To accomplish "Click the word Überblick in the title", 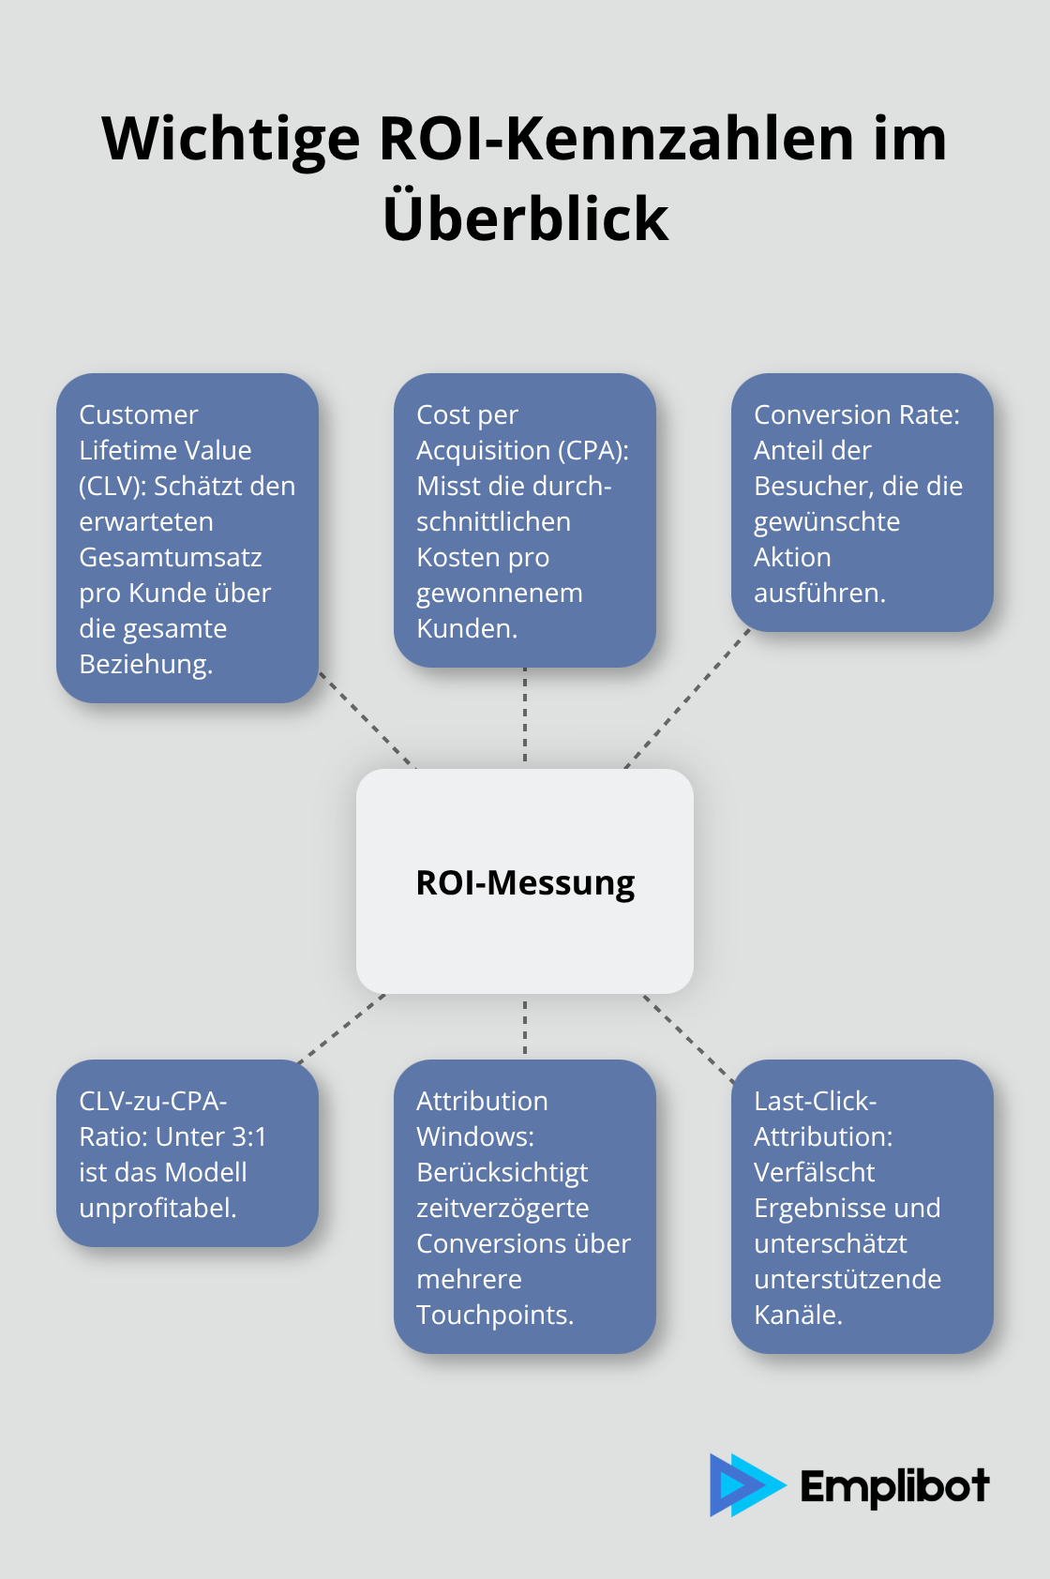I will [x=525, y=218].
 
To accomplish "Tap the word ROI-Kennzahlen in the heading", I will [x=619, y=139].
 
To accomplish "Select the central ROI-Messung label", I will [x=525, y=882].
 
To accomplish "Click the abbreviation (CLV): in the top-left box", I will [x=112, y=487].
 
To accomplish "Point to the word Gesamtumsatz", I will [x=171, y=558].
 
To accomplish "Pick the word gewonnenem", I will [x=500, y=594].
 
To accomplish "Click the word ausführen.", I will [x=819, y=594].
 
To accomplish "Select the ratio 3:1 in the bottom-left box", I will [x=248, y=1137].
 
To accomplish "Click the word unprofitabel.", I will [x=157, y=1209].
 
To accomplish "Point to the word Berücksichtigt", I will [x=502, y=1173].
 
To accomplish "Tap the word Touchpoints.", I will [x=495, y=1316].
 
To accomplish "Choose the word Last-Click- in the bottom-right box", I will [x=815, y=1102].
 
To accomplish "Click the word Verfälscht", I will [x=814, y=1173].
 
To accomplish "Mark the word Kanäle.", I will [x=798, y=1316].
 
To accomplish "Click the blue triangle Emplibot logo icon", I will [x=743, y=1485].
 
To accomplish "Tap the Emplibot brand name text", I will [x=894, y=1486].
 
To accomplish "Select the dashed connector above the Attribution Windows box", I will [x=525, y=1027].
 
